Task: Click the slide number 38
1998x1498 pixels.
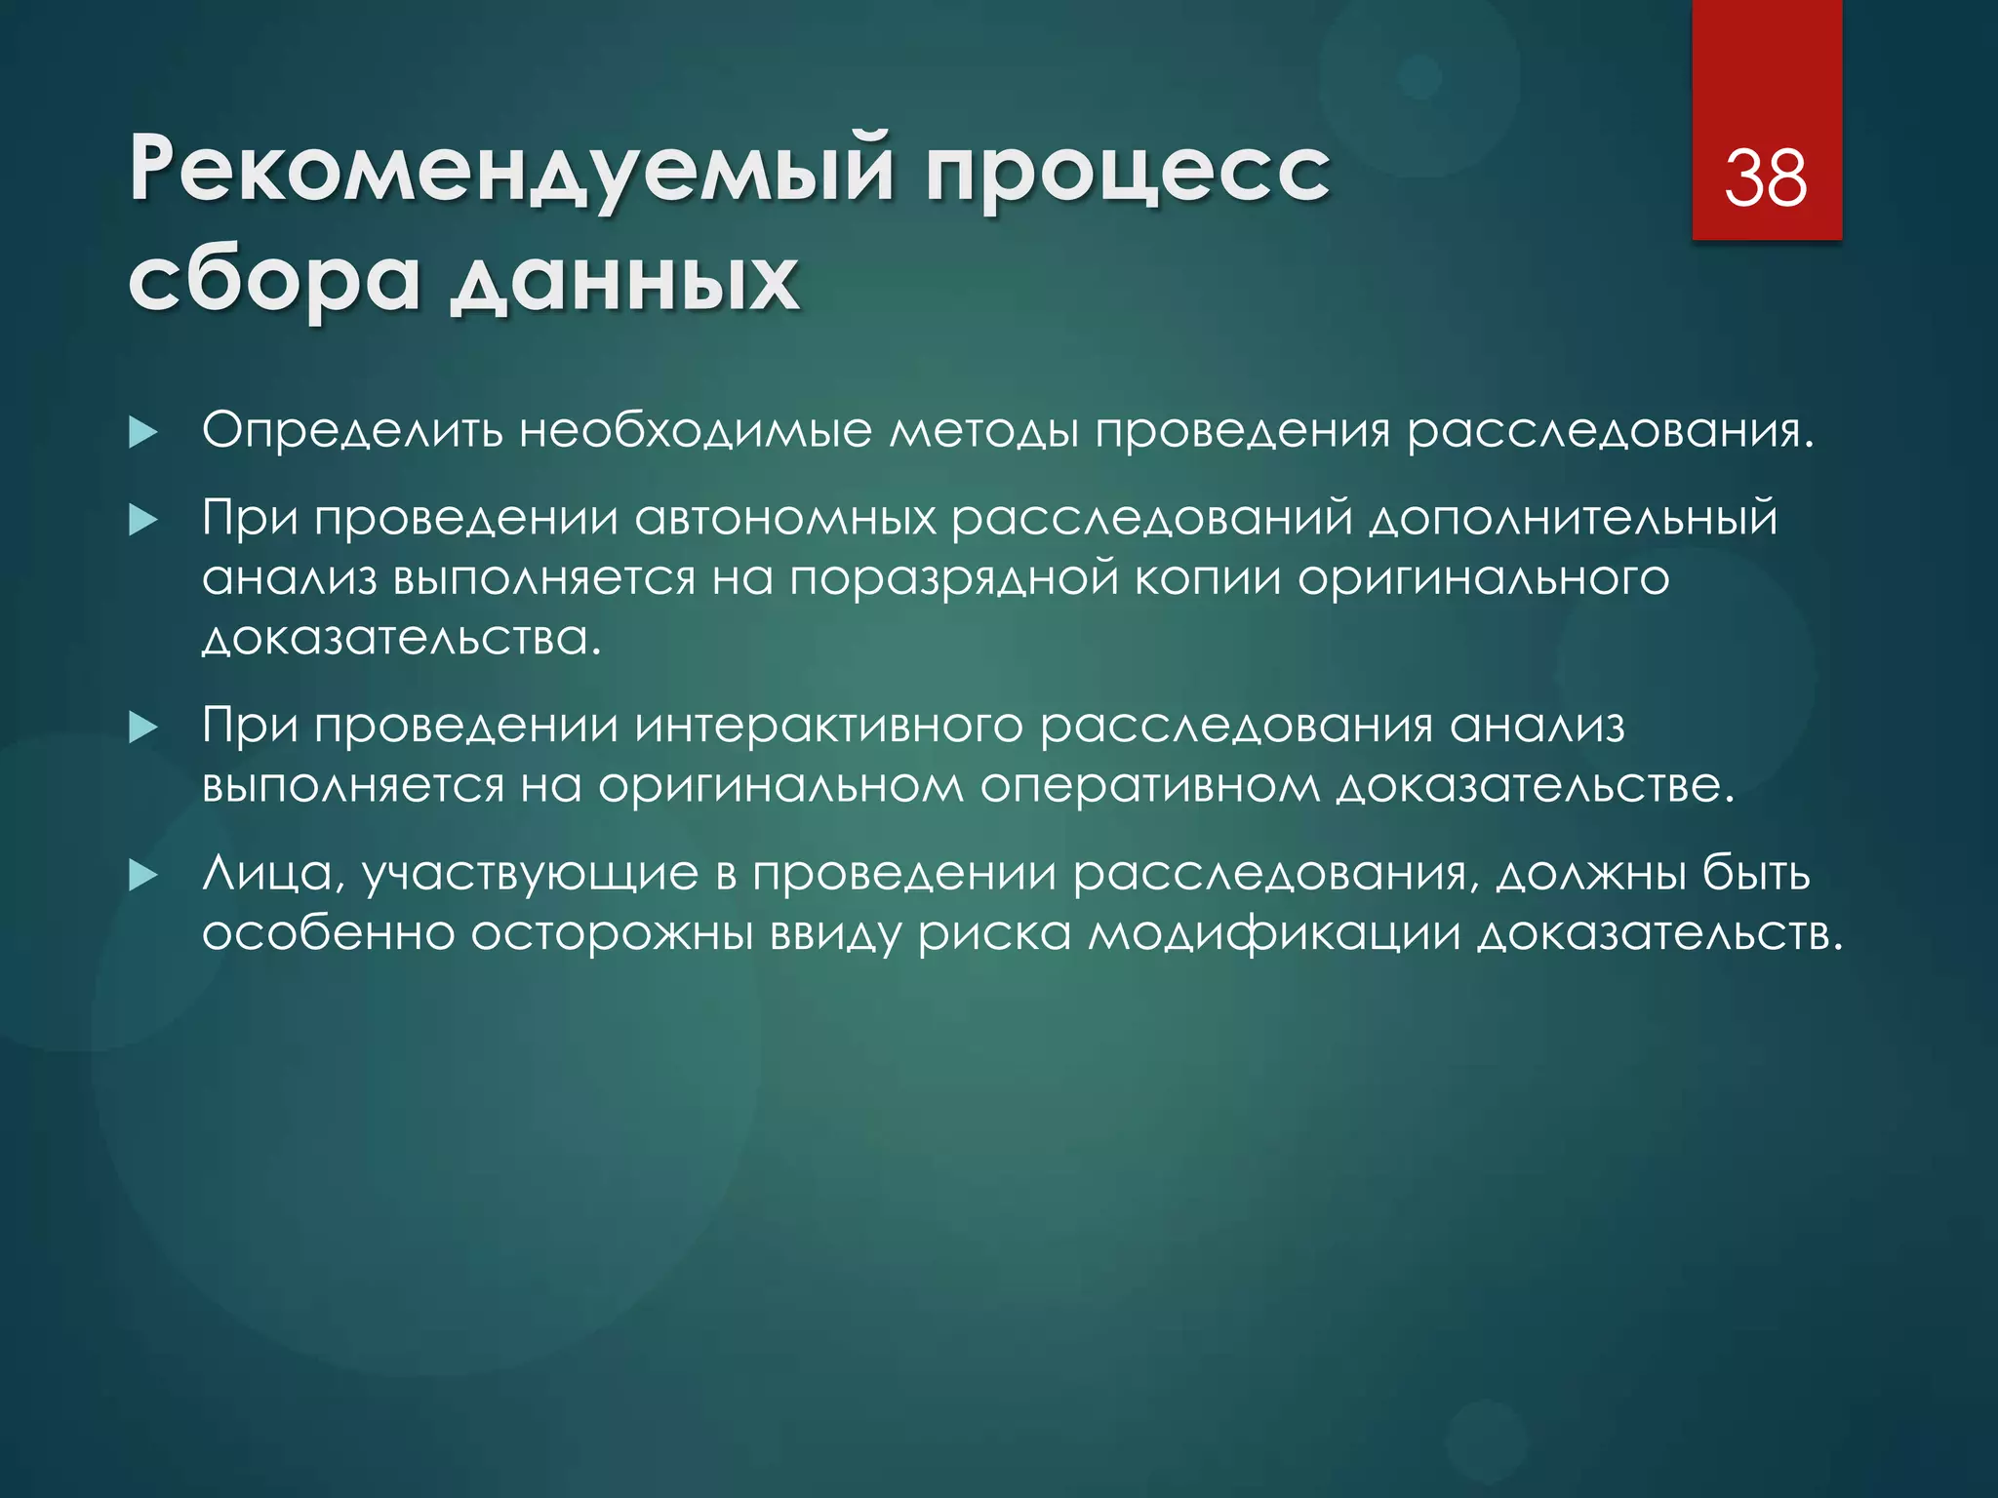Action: click(x=1766, y=178)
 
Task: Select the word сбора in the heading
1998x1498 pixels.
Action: click(x=274, y=281)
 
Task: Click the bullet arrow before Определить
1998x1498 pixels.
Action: click(x=143, y=433)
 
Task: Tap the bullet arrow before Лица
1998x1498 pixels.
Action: click(x=143, y=875)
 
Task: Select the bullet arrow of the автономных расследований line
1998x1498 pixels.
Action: click(x=143, y=520)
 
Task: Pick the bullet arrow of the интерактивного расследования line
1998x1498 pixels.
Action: click(x=143, y=728)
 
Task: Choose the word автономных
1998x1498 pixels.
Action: click(x=785, y=517)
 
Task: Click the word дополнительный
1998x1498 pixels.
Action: click(x=1573, y=519)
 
